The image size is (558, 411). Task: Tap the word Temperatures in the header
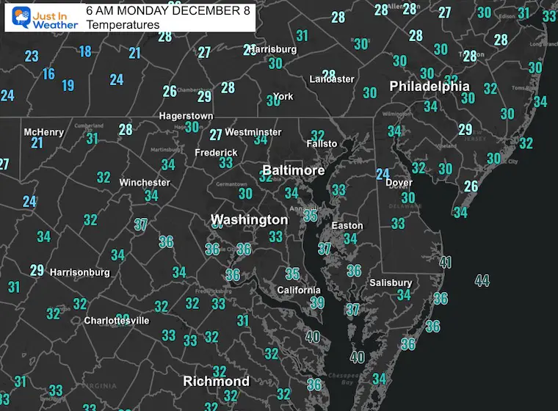tap(123, 25)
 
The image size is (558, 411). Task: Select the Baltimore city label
tap(293, 170)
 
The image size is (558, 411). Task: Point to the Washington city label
tap(249, 219)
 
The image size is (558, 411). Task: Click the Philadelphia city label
tap(430, 86)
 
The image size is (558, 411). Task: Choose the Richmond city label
tap(216, 381)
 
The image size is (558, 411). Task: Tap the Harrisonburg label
tap(79, 272)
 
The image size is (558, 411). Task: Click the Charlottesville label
tap(117, 321)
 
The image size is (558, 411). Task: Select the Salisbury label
tap(391, 283)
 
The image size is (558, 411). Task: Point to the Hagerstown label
tap(186, 116)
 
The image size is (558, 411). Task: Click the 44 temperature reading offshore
tap(482, 280)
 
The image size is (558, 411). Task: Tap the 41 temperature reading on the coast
tap(445, 262)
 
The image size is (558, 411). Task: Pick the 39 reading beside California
tap(316, 302)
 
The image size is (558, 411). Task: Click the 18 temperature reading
tap(85, 51)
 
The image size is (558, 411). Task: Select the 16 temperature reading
tap(48, 73)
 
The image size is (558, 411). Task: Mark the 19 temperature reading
tap(68, 86)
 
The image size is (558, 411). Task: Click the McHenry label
tap(43, 132)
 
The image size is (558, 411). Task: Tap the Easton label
tap(347, 225)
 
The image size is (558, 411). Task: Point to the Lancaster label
tap(332, 79)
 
